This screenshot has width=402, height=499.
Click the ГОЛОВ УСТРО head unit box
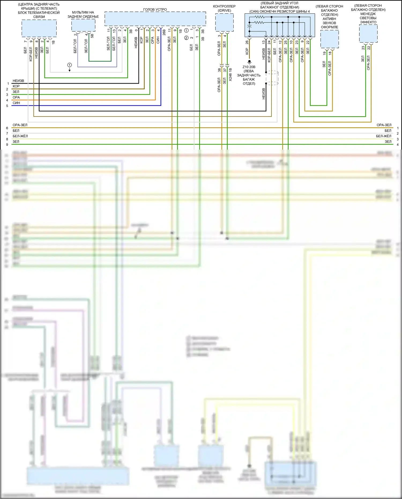[155, 19]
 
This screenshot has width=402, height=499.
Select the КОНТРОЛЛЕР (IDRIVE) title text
[224, 8]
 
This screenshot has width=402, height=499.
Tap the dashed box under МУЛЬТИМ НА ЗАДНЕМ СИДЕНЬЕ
[83, 25]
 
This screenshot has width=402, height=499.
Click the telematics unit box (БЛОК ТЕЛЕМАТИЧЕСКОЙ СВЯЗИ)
[39, 28]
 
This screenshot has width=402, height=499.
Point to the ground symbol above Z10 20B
[249, 62]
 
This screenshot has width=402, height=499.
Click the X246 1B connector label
[230, 75]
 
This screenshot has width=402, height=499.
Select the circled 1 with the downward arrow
[69, 65]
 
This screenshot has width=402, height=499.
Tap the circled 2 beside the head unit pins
[186, 38]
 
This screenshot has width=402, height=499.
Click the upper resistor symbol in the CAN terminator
[259, 17]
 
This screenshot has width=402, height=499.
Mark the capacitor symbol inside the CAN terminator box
[249, 27]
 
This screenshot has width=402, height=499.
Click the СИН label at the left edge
[16, 103]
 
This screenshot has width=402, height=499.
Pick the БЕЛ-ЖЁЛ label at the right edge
[384, 136]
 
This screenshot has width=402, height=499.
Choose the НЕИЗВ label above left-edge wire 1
[18, 81]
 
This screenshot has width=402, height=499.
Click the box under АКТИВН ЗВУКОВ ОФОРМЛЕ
[329, 39]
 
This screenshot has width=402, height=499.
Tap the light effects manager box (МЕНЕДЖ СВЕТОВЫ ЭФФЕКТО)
[368, 34]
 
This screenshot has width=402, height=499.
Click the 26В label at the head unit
[164, 32]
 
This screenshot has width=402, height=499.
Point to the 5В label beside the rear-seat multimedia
[92, 35]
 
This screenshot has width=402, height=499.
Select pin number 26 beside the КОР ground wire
[247, 42]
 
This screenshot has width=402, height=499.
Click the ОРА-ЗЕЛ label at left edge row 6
[20, 125]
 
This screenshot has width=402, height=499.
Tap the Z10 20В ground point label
[249, 67]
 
